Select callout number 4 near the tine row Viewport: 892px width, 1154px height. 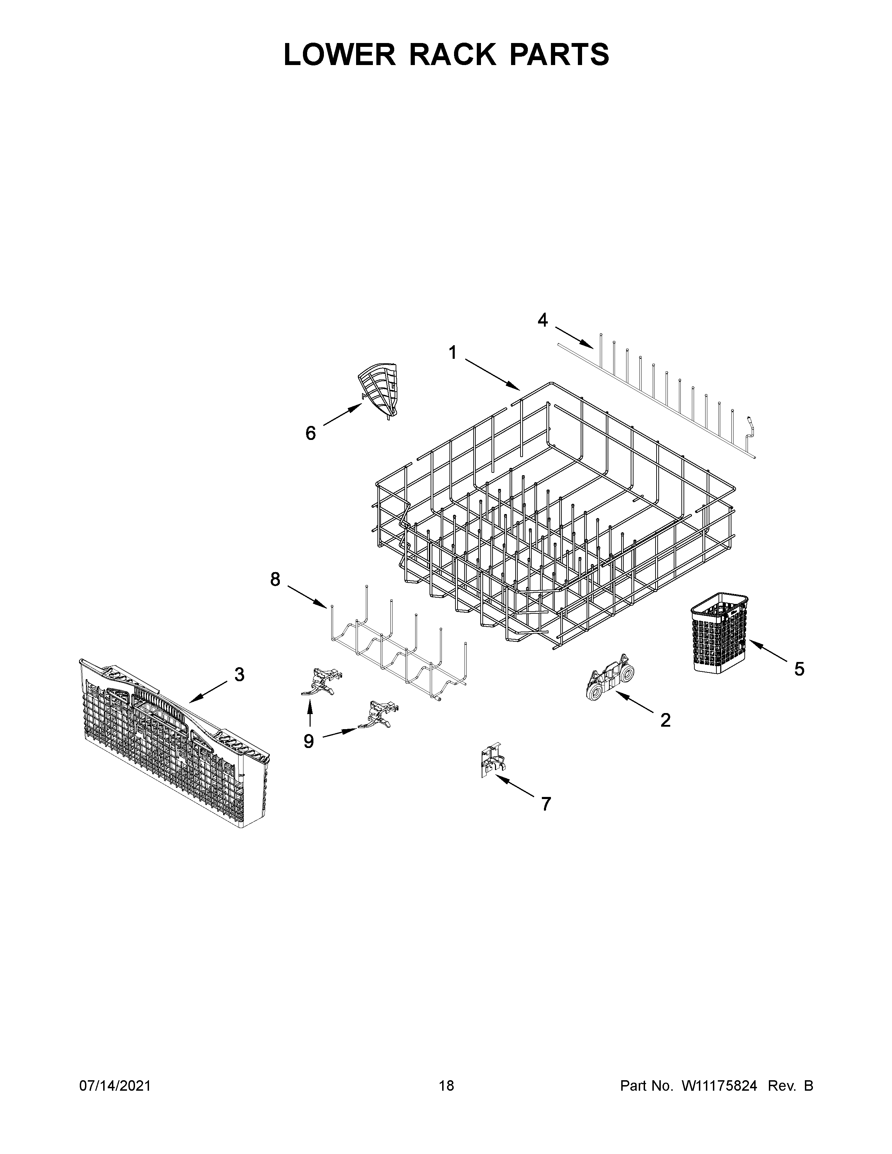[543, 320]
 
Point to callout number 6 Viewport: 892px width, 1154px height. [311, 433]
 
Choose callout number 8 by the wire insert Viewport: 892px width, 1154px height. [275, 580]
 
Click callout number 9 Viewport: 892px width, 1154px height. [309, 742]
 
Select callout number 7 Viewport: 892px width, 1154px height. [546, 804]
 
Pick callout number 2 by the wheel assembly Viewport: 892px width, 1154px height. [665, 720]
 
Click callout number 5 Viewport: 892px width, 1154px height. [799, 669]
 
